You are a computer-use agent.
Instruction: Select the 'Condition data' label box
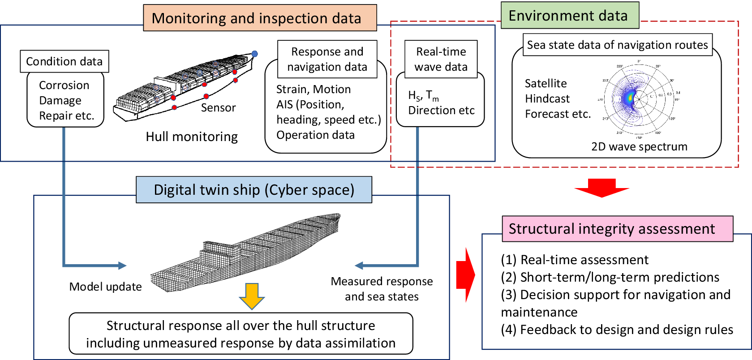64,61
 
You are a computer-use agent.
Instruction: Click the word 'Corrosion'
64,85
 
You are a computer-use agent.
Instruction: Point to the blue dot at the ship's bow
254,54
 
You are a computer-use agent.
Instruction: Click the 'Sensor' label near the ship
218,108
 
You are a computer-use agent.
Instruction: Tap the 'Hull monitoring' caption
192,137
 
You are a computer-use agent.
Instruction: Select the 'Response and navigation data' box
327,59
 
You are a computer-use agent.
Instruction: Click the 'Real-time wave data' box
441,59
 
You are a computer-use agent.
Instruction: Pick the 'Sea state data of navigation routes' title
617,45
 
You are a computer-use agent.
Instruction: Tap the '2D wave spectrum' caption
639,147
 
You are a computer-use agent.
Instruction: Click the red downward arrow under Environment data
602,188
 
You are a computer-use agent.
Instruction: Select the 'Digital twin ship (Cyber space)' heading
254,190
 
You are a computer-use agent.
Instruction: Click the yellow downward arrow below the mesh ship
252,296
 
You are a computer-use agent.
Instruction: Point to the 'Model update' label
106,287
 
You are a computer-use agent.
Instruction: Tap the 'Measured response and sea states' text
382,289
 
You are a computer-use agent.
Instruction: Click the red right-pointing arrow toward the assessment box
466,274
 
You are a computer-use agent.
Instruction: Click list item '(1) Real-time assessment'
575,260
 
